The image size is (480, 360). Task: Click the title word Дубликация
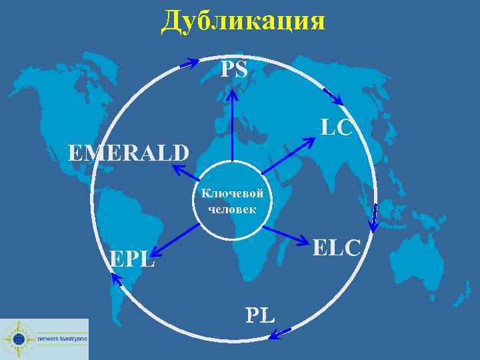243,21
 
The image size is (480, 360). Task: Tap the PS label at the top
234,68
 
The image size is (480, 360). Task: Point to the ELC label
337,247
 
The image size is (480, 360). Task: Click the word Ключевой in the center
232,193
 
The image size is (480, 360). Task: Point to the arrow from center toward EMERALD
187,173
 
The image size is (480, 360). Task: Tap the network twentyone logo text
62,339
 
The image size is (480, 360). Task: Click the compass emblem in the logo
18,339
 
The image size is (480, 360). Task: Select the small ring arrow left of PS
189,63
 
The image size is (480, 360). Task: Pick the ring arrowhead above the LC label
333,97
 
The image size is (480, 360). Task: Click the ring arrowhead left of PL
280,333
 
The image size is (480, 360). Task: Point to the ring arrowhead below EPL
117,283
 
